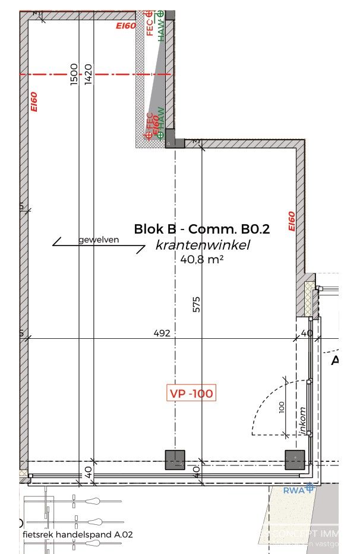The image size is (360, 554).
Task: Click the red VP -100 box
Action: coord(191,393)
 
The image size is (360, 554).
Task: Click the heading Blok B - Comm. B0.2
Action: coord(201,229)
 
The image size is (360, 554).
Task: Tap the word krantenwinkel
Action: coord(203,245)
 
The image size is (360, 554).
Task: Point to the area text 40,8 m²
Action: coord(201,259)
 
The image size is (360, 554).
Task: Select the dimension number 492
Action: coord(162,333)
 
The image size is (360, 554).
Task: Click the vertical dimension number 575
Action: coord(196,304)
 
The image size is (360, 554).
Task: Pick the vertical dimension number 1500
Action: coord(74,75)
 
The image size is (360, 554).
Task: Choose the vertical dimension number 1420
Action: coord(89,75)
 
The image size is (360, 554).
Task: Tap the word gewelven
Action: coord(99,240)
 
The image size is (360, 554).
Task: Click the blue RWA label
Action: coord(293,490)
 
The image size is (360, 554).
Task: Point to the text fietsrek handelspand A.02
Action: coord(78,534)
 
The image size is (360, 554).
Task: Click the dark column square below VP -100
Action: coord(175,459)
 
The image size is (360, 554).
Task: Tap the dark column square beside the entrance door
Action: coord(295,459)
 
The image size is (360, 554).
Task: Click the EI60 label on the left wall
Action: coord(34,102)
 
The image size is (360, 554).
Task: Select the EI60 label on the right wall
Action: coord(291,222)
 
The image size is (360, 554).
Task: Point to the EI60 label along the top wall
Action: coord(126,26)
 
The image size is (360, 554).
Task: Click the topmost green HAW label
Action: coord(160,27)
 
